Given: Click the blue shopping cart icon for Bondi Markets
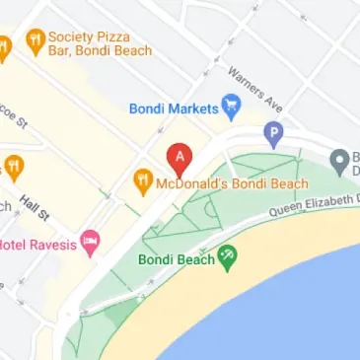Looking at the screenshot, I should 232,103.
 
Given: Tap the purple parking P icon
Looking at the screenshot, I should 274,130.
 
